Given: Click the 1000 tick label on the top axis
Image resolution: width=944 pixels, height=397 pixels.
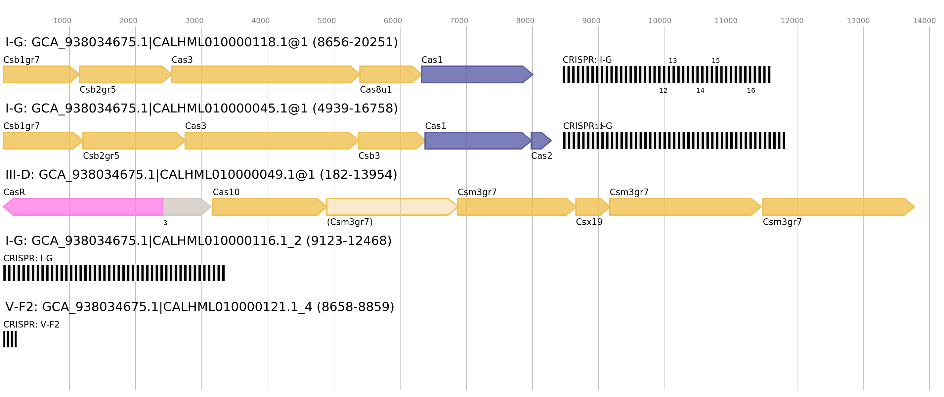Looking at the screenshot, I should click(62, 21).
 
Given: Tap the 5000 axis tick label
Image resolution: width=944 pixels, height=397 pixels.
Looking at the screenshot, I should click(326, 21).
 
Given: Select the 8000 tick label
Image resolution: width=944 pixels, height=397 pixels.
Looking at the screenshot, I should click(525, 21).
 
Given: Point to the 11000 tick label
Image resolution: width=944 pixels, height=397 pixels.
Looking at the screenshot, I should click(726, 21).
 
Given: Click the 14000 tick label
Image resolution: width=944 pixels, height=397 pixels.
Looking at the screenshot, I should click(924, 21).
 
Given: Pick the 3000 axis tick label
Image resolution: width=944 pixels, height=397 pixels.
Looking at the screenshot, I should click(194, 21).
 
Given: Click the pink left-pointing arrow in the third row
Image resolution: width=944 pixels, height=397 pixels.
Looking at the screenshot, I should click(84, 207).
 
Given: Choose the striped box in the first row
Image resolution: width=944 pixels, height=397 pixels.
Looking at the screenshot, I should click(666, 74).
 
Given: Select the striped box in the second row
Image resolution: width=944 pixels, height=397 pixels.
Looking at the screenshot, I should click(673, 141).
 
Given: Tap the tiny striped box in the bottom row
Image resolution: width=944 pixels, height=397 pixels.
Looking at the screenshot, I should click(10, 339).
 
